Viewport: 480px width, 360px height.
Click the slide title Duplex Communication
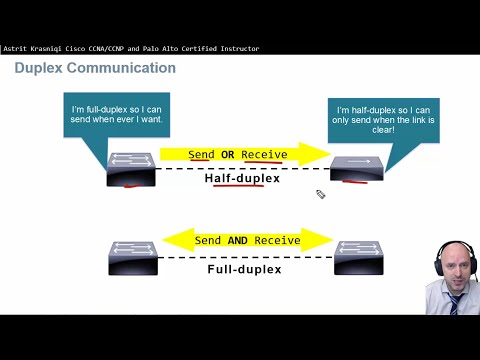click(95, 68)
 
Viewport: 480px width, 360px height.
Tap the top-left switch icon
click(131, 168)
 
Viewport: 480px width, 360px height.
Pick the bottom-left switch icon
click(131, 257)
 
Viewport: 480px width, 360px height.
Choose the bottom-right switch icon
click(359, 257)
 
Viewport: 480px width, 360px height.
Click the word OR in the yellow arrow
click(227, 155)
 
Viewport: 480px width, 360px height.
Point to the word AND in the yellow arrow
click(237, 241)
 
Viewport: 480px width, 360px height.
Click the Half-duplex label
click(243, 179)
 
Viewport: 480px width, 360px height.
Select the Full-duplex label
click(244, 269)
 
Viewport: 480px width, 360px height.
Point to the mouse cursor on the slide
click(320, 194)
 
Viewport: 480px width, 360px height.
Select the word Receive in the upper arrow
click(264, 155)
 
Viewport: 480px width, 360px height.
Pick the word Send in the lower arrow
click(208, 241)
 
